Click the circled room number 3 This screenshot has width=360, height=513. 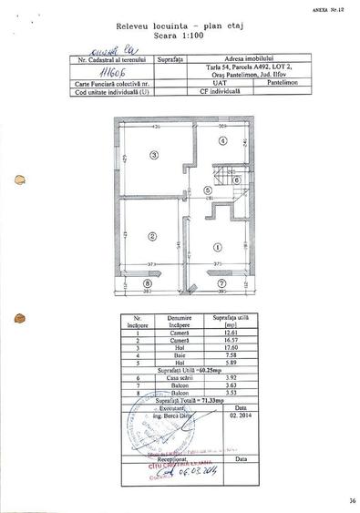coord(155,156)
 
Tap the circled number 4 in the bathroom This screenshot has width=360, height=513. coord(222,141)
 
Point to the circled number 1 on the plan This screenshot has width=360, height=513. coord(217,247)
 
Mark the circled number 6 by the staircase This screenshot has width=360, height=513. coord(236,180)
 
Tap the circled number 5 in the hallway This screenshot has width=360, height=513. coord(208,190)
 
